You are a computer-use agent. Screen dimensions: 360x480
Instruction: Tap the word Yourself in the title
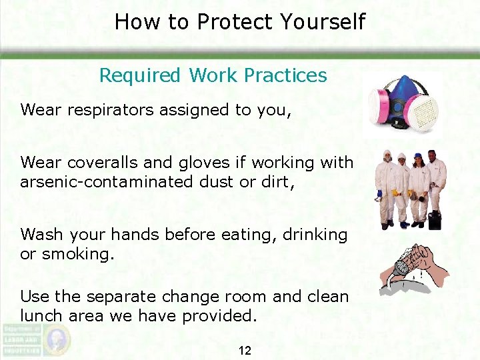(323, 22)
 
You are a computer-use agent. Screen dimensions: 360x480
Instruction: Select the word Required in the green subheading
(139, 75)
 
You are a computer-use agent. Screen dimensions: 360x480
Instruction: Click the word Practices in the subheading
(285, 75)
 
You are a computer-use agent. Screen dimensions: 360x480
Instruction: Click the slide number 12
(245, 350)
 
